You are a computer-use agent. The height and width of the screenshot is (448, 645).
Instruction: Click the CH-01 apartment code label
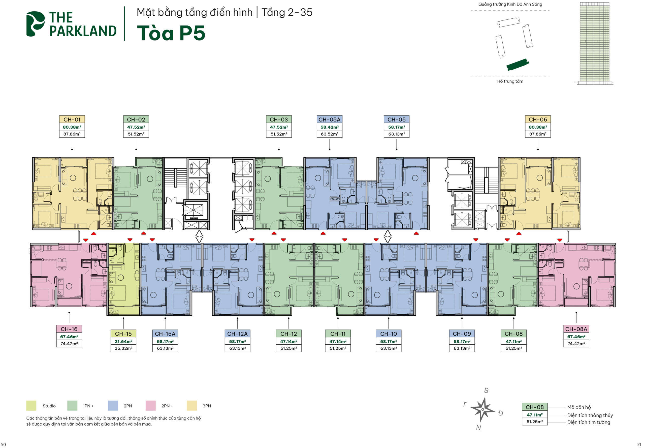(x=72, y=119)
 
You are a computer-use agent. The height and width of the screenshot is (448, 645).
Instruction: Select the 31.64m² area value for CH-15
(x=123, y=341)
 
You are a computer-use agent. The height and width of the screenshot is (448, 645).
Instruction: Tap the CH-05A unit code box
(x=329, y=119)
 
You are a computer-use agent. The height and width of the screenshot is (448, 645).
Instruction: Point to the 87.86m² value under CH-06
(x=538, y=134)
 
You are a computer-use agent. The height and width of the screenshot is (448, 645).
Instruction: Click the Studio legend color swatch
(x=31, y=406)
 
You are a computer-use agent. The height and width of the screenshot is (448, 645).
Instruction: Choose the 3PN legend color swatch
(x=192, y=406)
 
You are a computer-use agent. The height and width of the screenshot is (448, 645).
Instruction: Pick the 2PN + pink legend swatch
(x=151, y=406)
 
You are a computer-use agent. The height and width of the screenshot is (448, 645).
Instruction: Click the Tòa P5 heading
(x=171, y=33)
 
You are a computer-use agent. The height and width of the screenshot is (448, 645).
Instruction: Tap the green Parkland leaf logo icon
(x=35, y=24)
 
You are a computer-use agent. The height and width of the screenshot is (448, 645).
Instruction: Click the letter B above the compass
(x=486, y=391)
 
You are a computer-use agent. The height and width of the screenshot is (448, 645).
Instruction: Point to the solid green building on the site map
(x=518, y=65)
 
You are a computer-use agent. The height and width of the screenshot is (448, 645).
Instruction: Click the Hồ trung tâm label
(x=510, y=81)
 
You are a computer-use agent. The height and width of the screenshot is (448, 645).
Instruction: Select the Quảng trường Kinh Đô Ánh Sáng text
(x=510, y=4)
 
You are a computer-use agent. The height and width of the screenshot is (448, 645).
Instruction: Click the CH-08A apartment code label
(x=576, y=329)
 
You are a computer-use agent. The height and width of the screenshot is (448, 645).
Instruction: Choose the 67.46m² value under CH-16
(x=69, y=337)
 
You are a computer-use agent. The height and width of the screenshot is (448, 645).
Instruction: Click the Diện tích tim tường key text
(x=588, y=422)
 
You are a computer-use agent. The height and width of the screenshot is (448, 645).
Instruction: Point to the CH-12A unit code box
(x=237, y=334)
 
